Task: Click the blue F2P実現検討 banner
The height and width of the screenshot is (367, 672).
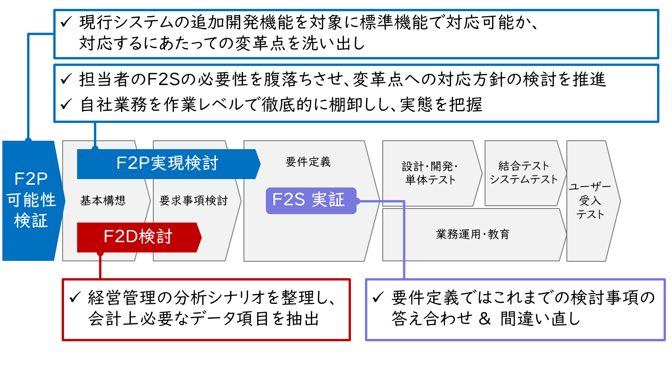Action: (169, 164)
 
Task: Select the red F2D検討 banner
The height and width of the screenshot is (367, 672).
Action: (139, 237)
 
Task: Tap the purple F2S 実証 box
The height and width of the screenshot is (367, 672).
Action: (311, 201)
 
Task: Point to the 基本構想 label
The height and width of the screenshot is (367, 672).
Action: (103, 201)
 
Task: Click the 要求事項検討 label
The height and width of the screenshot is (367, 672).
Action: (194, 201)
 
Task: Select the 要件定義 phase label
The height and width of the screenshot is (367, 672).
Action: (308, 162)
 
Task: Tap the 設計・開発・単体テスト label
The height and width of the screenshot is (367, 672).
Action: (430, 173)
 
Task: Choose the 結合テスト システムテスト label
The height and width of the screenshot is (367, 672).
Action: (523, 172)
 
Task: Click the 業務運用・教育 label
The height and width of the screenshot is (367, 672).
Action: (473, 234)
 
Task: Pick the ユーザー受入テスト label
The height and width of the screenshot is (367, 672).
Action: (590, 201)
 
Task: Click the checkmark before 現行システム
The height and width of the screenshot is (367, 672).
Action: (66, 22)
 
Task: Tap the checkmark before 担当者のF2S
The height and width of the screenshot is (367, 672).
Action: (66, 79)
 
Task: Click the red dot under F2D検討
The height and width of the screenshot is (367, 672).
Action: (100, 253)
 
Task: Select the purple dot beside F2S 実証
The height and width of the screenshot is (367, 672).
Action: (357, 201)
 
